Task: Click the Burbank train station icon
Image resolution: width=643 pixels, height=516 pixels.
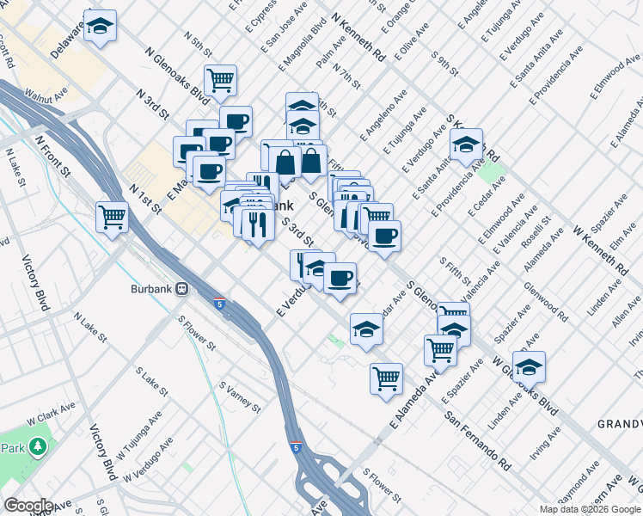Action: click(x=182, y=289)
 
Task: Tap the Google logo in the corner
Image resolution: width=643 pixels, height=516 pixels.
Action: click(x=28, y=506)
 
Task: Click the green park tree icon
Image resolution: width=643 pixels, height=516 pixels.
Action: click(x=37, y=447)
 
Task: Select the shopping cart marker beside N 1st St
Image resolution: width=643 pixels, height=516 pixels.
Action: click(x=112, y=217)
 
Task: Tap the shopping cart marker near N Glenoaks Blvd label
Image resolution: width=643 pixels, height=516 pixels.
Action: click(x=221, y=81)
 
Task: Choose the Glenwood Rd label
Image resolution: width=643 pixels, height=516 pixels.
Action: click(x=549, y=304)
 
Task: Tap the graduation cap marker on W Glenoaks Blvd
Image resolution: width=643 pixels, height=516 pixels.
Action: click(x=529, y=366)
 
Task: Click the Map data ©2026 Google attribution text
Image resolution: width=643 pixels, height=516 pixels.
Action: click(x=590, y=509)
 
